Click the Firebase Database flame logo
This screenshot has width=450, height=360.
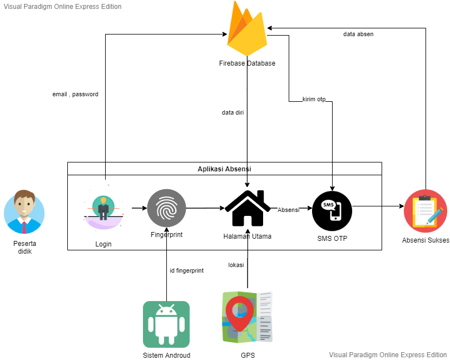point(247,29)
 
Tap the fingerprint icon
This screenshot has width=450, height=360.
point(166,209)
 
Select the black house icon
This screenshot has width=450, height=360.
point(247,208)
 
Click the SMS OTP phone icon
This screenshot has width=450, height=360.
point(332,210)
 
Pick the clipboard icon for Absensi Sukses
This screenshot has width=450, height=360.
point(425,210)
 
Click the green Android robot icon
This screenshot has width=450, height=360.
point(166,324)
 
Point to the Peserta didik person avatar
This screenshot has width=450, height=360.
point(24,211)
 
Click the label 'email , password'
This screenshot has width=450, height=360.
point(75,95)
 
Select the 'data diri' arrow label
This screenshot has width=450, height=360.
point(233,113)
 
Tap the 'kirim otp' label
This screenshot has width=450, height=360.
point(314,100)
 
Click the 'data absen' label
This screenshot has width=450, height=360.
point(358,34)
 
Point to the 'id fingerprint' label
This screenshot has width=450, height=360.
point(186,271)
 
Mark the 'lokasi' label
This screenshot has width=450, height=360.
point(236,265)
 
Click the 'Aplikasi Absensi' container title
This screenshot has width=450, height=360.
point(225,169)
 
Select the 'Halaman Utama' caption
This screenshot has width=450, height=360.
point(248,236)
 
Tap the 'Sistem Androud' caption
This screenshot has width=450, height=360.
point(166,356)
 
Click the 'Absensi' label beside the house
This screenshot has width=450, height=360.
point(288,210)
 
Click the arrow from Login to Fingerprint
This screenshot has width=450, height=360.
point(139,209)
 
